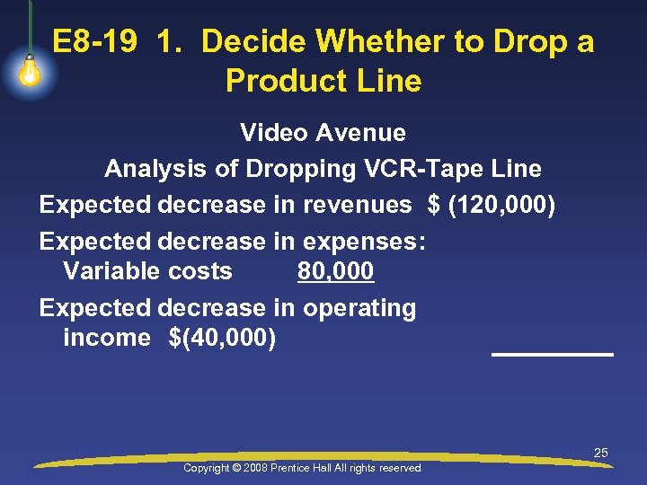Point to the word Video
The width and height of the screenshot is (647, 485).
coord(271,133)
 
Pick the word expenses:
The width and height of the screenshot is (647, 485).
coord(364,242)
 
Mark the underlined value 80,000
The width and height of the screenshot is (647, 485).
coord(335,271)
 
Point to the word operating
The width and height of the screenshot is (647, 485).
coord(359,308)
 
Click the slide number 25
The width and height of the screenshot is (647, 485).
coord(600,453)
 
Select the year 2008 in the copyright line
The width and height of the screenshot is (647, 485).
coord(255,468)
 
